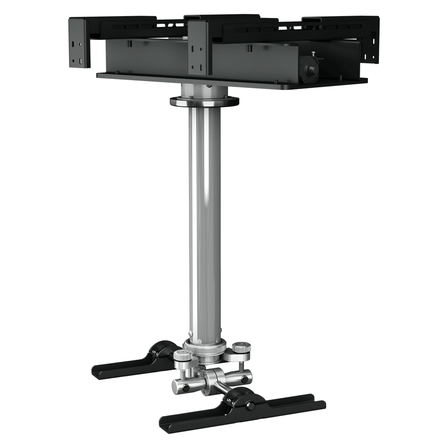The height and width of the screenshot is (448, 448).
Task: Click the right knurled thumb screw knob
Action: pos(241,348)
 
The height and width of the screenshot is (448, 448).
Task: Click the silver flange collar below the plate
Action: pos(204,101)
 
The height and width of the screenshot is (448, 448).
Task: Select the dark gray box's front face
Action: pos(148,58)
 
